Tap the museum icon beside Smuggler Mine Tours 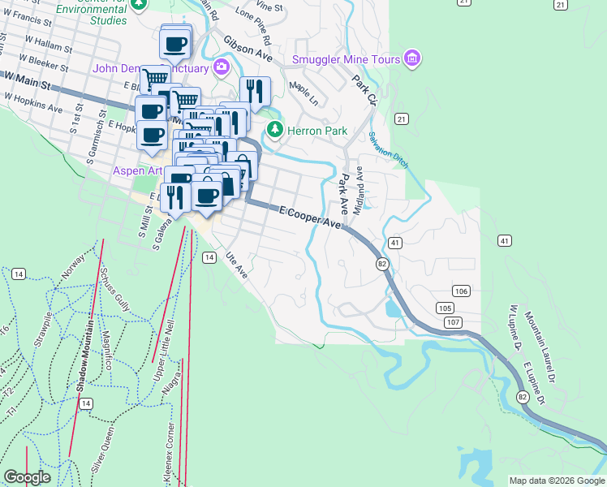point(413,58)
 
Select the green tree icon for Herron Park point(276,130)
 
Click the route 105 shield point(444,308)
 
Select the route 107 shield point(453,322)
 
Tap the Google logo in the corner point(27,477)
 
